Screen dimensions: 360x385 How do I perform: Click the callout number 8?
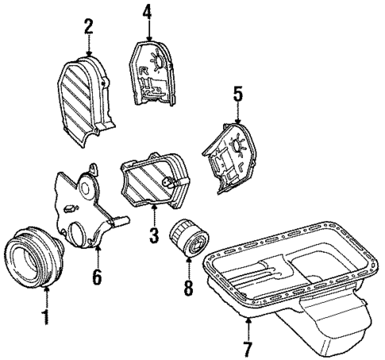[188, 285]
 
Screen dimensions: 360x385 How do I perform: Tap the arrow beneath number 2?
[89, 48]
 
